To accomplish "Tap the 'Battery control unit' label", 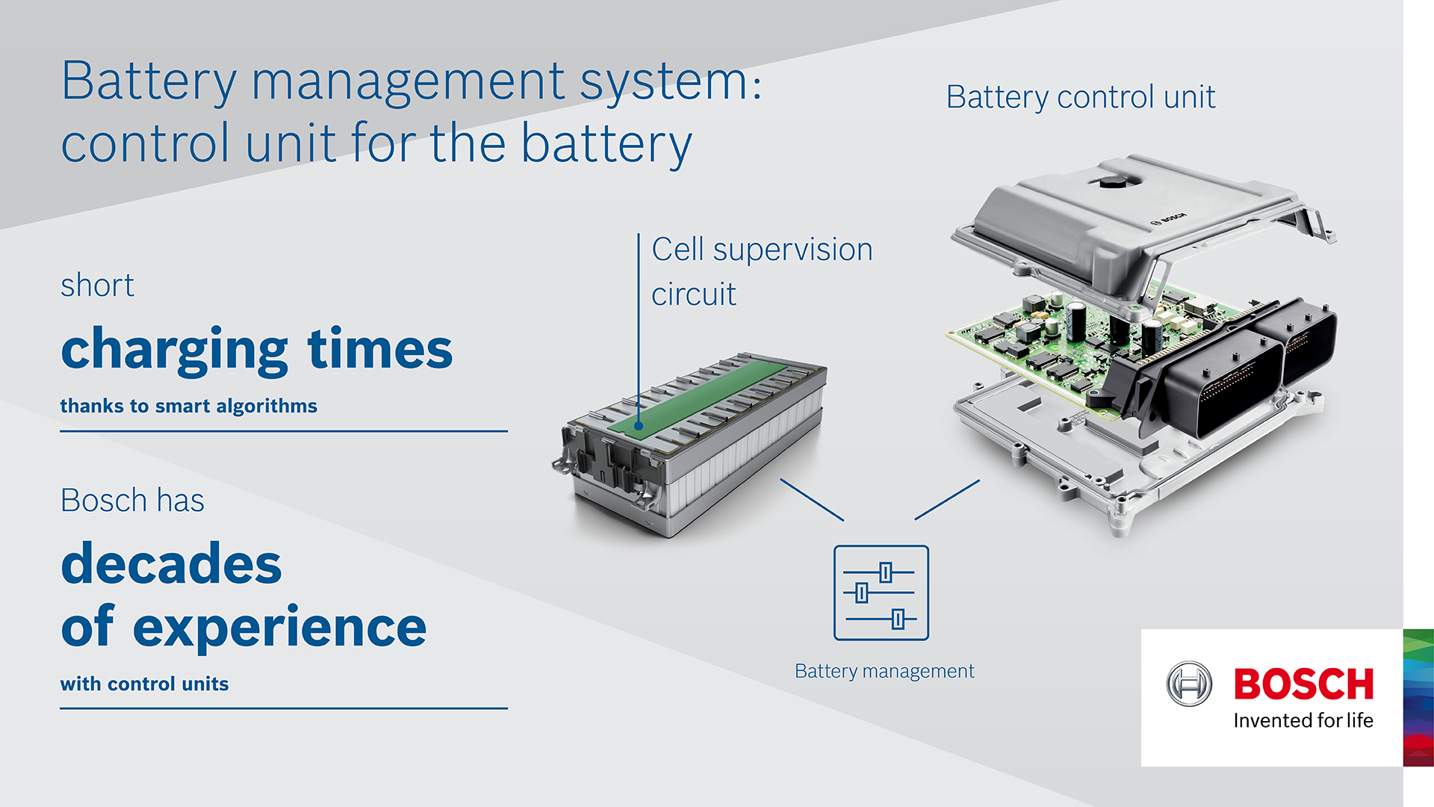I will tap(1080, 97).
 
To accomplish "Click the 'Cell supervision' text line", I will tap(762, 250).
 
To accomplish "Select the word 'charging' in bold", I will tap(174, 350).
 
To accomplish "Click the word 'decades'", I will tap(171, 564).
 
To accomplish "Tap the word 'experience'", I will tap(279, 628).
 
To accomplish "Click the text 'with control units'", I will tap(144, 684).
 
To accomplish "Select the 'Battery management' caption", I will tap(884, 671).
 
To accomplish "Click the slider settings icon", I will tap(881, 593).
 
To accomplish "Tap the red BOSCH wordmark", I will tap(1303, 684).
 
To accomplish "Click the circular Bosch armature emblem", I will tap(1189, 684).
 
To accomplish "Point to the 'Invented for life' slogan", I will tap(1303, 720).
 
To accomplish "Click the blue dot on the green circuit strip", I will tap(639, 426).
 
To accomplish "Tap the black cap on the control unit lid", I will tap(1111, 182).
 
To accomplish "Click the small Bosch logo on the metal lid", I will tap(1167, 218).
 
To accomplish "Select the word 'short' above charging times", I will tap(97, 285).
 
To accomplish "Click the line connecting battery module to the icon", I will tap(812, 500).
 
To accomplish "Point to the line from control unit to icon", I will tap(947, 499).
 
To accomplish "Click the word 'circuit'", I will tap(694, 294).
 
